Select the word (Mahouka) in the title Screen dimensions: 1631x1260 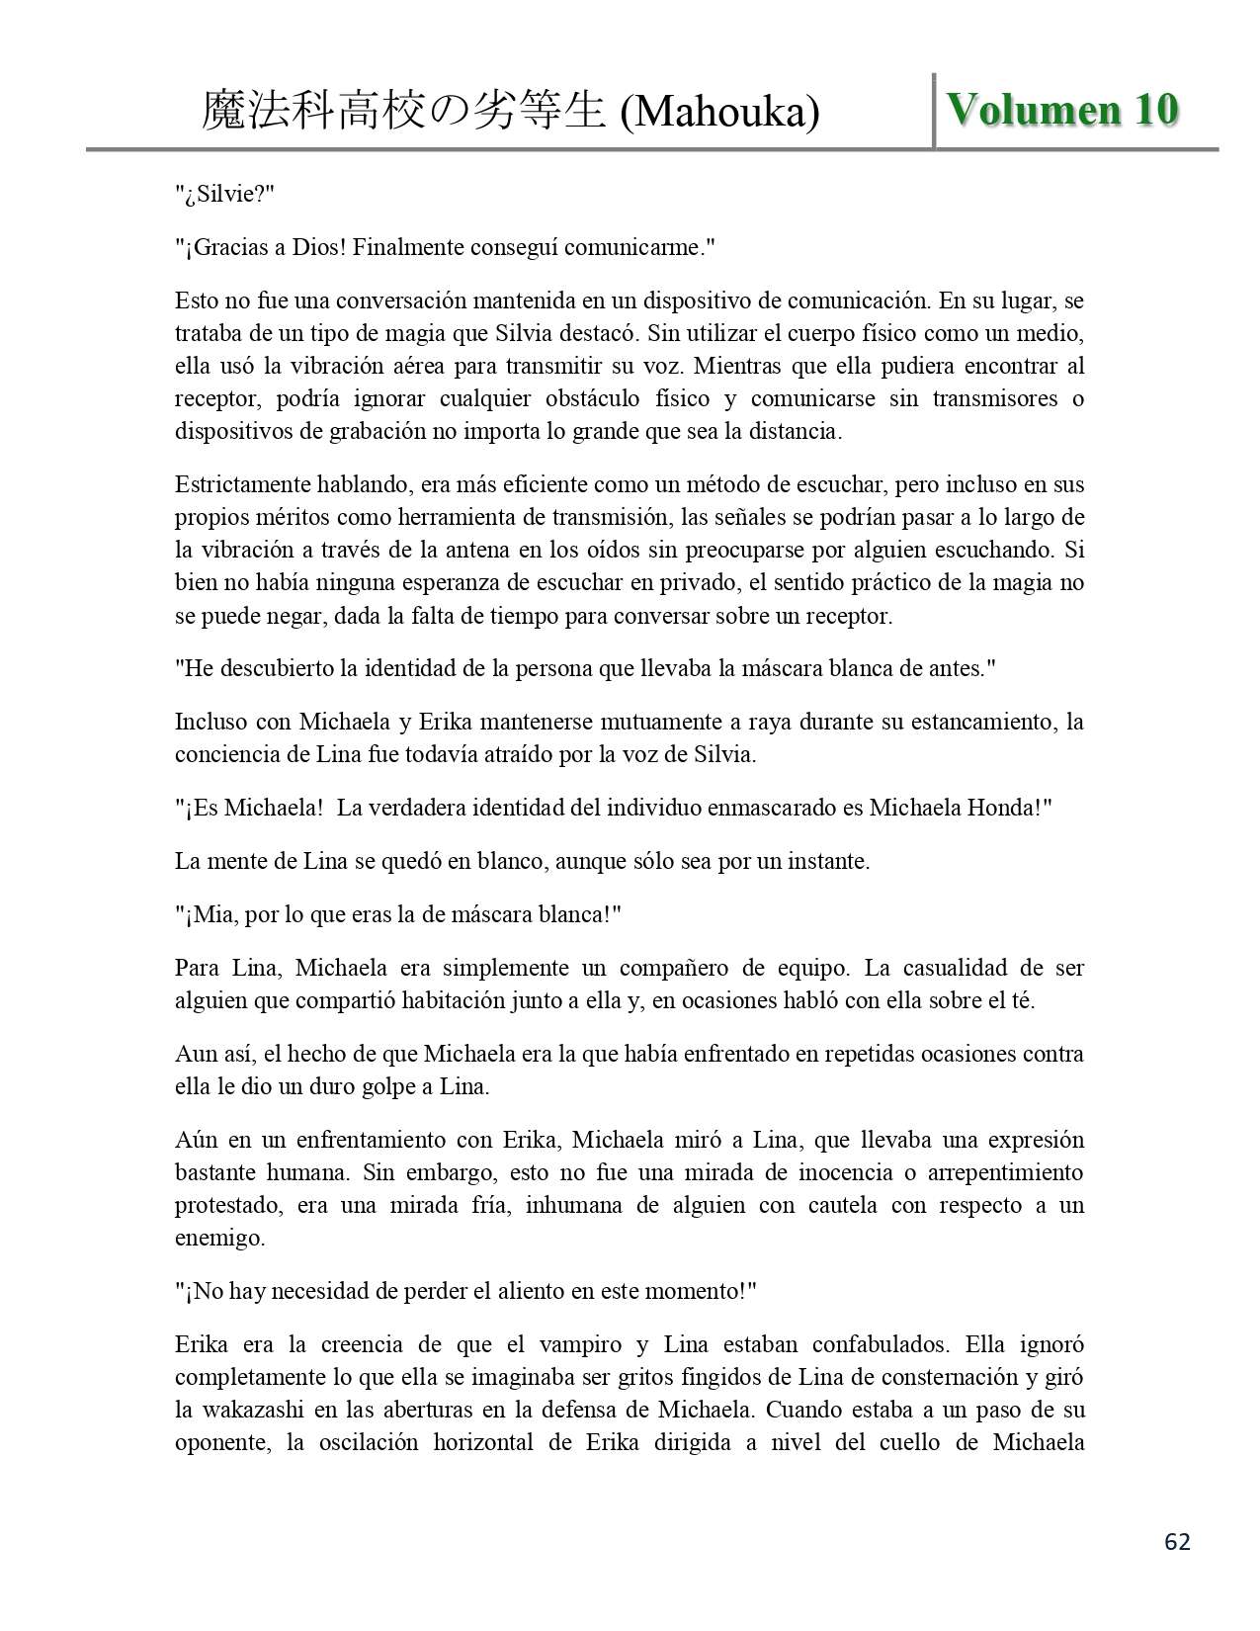pyautogui.click(x=719, y=113)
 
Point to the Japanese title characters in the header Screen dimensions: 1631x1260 pyautogui.click(x=402, y=112)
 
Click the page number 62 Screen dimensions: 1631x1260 pyautogui.click(x=1177, y=1542)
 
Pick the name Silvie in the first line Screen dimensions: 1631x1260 pyautogui.click(x=226, y=194)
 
